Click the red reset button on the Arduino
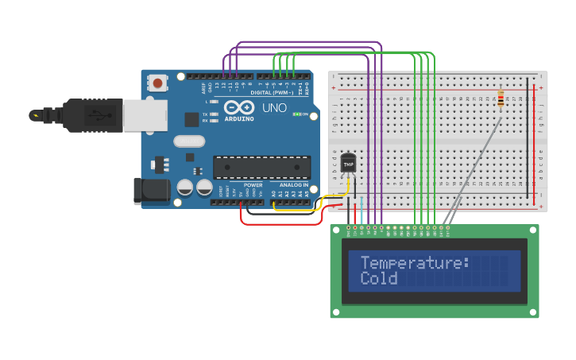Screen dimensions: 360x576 click(x=158, y=83)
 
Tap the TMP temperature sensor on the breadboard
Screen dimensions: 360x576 click(x=348, y=164)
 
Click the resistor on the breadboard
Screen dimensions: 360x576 click(x=500, y=99)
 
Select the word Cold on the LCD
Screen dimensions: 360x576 click(x=378, y=279)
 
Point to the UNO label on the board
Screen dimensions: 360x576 click(x=274, y=107)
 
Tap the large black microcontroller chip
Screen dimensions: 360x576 click(x=261, y=167)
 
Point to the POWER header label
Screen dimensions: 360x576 click(x=253, y=184)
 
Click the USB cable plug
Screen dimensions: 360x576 click(x=92, y=115)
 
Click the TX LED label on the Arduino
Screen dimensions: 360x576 click(x=205, y=114)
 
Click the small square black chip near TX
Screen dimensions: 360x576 click(x=191, y=119)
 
